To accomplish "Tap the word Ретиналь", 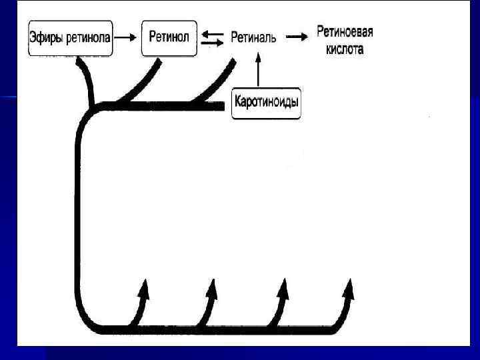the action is coord(253,37).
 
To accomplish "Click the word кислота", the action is coord(345,49).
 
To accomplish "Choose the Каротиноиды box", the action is coord(266,103).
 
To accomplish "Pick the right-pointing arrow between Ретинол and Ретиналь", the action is coord(212,43).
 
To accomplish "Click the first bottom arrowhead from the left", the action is coord(143,291).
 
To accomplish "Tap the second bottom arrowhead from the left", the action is coord(212,291).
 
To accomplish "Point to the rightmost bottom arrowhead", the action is coord(349,291).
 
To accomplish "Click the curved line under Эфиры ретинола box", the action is coord(86,80).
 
